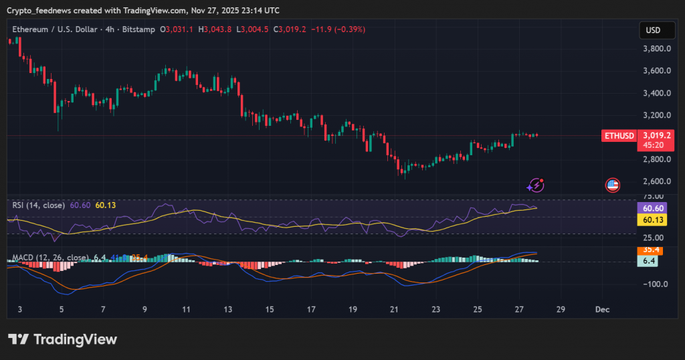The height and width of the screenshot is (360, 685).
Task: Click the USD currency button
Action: (x=652, y=31)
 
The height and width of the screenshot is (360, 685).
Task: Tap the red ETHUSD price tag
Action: (x=619, y=136)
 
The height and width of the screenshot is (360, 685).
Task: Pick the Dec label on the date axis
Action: (x=602, y=310)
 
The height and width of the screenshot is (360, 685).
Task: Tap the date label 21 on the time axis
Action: (x=394, y=310)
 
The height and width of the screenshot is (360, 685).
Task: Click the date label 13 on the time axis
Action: (x=228, y=310)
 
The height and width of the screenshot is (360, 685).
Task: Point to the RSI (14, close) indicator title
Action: (x=38, y=205)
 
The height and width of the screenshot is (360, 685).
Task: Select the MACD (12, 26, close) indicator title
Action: (x=50, y=258)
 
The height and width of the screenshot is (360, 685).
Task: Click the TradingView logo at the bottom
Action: (x=62, y=339)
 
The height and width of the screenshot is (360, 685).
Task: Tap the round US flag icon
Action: (x=612, y=185)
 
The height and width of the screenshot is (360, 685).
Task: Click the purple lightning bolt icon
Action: (x=536, y=185)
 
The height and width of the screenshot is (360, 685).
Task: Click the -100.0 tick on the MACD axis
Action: (x=655, y=284)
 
